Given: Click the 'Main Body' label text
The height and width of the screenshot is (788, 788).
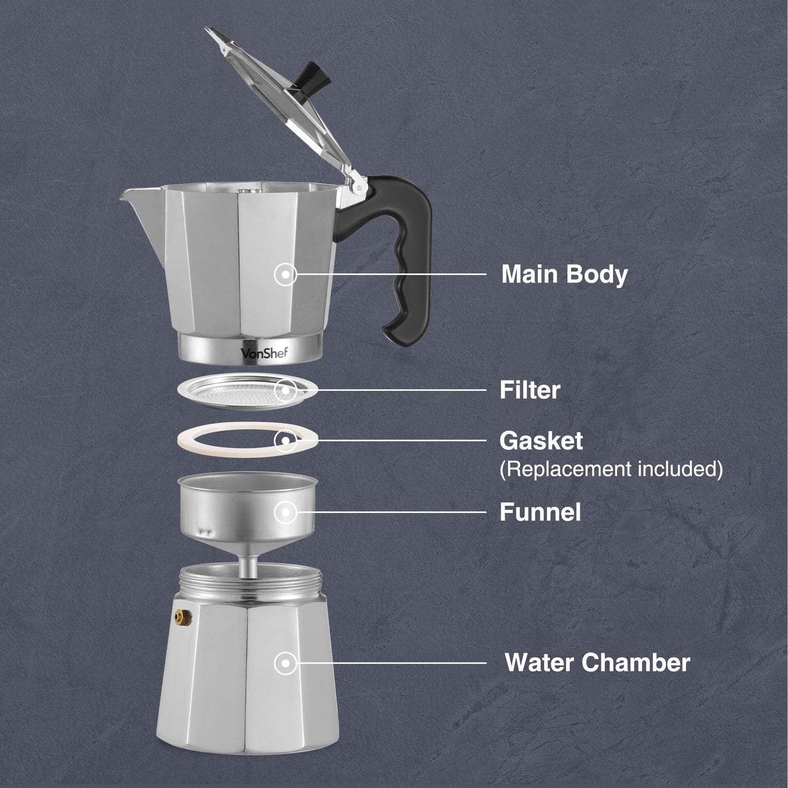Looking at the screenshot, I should click(564, 274).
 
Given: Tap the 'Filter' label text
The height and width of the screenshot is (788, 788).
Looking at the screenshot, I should click(530, 390).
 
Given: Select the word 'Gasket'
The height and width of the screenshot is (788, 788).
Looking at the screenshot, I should click(540, 441).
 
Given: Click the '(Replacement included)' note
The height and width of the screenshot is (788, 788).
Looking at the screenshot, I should click(611, 469).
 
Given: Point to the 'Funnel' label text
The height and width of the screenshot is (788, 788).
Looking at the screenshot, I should click(540, 513).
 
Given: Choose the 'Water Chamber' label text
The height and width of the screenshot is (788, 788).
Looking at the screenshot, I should click(597, 663).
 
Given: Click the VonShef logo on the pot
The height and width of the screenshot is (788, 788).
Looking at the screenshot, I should click(264, 353).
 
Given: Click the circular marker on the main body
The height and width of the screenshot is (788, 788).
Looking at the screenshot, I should click(285, 274).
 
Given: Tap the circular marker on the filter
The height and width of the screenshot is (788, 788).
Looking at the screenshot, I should click(285, 390).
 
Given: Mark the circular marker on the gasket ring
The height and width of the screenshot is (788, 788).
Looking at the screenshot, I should click(285, 440).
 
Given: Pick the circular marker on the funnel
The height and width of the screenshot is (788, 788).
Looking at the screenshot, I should click(285, 512).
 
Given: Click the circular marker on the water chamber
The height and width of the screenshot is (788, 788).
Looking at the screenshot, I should click(285, 664).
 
